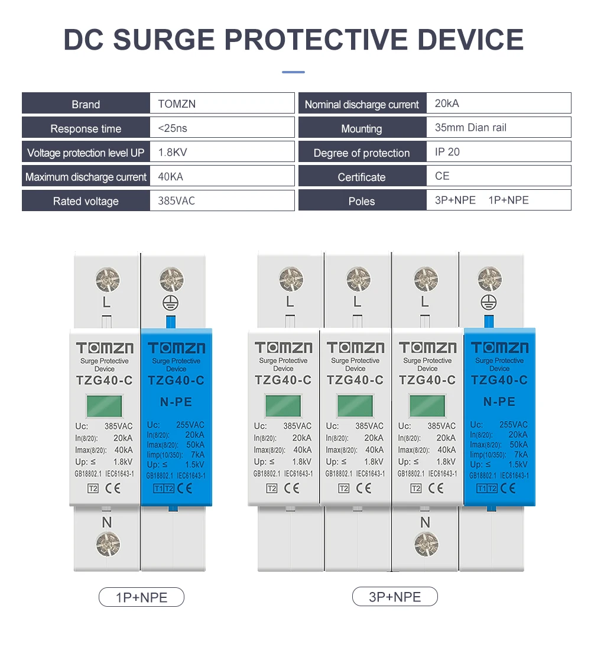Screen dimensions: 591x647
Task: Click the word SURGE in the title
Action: coord(164,40)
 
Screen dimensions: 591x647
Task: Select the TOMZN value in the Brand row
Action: coord(177,104)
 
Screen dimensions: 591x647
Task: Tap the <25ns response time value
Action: coord(173,128)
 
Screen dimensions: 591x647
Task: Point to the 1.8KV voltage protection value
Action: coord(173,152)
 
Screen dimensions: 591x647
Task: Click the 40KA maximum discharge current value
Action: coord(170,177)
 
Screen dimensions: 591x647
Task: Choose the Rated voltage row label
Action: coord(86,201)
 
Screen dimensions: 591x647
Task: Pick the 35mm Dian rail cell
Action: coord(470,128)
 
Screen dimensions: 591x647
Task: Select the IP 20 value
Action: coord(447,152)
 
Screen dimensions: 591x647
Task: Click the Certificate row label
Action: coord(362,177)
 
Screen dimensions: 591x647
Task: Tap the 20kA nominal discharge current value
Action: coord(447,103)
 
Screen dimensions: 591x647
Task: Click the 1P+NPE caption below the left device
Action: coord(141,597)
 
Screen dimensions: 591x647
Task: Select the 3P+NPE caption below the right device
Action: coord(395,597)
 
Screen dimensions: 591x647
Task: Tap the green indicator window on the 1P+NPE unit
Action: coord(105,406)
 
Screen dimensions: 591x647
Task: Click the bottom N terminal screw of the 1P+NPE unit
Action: coord(108,544)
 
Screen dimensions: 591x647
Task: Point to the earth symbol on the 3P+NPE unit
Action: coord(489,302)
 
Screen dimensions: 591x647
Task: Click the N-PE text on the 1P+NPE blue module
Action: coord(176,402)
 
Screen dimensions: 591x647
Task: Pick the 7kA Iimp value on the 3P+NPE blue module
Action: coord(521,454)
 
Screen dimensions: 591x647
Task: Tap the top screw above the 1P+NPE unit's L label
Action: coord(108,280)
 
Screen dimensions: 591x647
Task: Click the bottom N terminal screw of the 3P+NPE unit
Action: coord(427,544)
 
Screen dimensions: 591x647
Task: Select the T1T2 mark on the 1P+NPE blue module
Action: coord(164,489)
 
